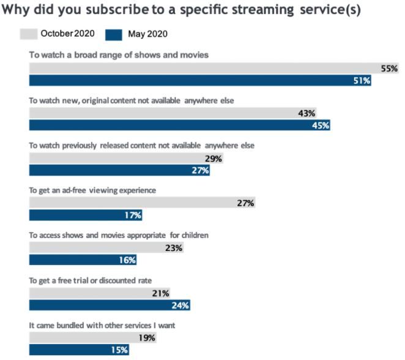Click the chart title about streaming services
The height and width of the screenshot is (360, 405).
tap(182, 10)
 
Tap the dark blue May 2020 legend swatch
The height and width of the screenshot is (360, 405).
tap(114, 34)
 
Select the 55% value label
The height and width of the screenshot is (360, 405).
tap(390, 69)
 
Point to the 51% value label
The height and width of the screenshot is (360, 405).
tap(362, 81)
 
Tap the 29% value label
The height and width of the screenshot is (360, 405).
tap(214, 159)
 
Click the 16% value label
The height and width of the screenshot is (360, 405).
tap(127, 260)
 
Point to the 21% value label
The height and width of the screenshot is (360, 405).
tap(160, 293)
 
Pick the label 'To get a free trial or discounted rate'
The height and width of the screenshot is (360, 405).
tap(91, 280)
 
